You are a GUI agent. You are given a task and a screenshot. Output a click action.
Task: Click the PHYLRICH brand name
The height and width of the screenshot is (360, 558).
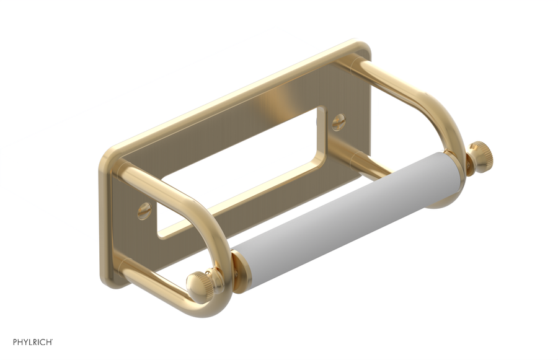pyautogui.click(x=30, y=342)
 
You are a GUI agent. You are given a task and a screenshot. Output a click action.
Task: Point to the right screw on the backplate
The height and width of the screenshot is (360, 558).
pyautogui.click(x=338, y=122)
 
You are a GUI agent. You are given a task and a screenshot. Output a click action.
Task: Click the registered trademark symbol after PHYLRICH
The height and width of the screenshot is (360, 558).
pyautogui.click(x=52, y=340)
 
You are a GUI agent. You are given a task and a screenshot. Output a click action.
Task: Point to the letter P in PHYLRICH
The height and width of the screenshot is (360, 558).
pyautogui.click(x=15, y=342)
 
